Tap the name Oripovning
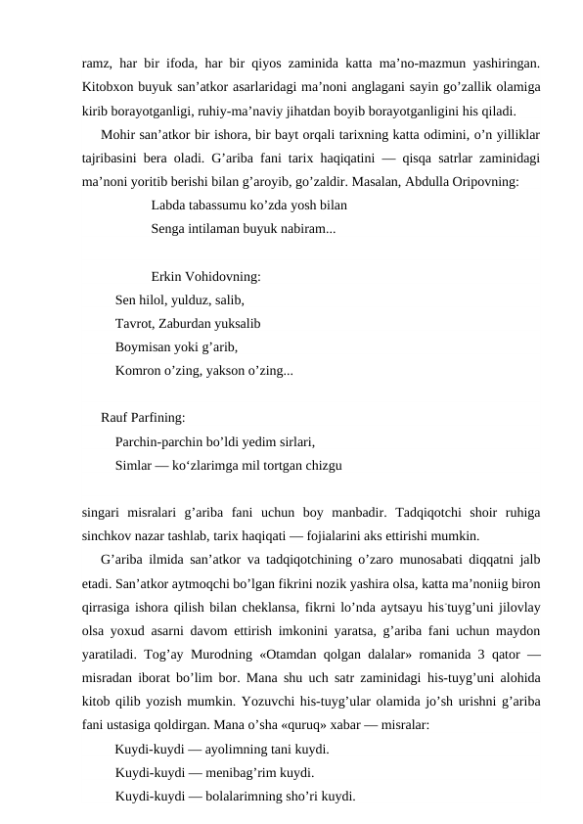click(485, 180)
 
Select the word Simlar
click(133, 464)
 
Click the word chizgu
click(322, 464)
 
